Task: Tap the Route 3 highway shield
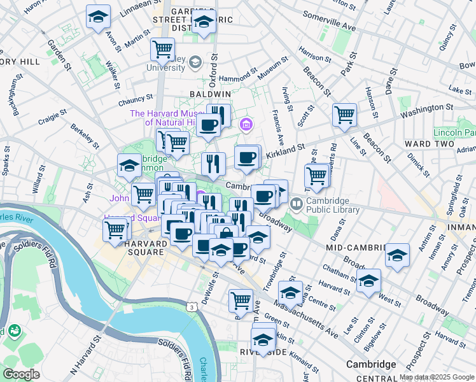click(191, 307)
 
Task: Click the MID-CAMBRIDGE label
click(356, 246)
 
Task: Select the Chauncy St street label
click(136, 100)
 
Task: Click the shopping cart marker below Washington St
click(344, 115)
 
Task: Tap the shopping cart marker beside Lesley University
click(163, 48)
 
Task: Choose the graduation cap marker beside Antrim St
click(397, 256)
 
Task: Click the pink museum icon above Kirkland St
click(246, 124)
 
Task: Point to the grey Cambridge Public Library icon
click(295, 205)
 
